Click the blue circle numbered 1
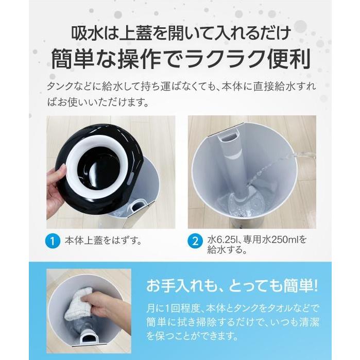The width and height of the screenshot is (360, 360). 52,240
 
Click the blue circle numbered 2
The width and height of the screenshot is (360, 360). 195,240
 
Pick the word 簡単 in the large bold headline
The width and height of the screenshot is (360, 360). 74,59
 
